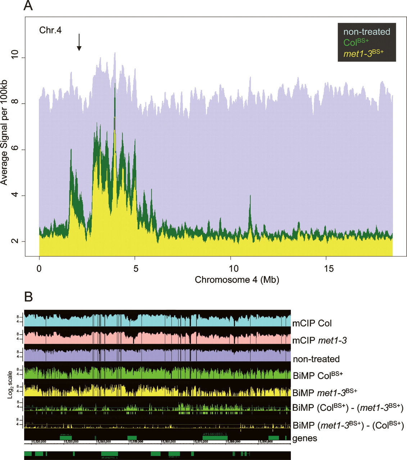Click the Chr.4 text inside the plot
coord(50,30)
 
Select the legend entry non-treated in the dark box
coord(367,32)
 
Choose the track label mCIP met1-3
coord(320,340)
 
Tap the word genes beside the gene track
coord(305,438)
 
